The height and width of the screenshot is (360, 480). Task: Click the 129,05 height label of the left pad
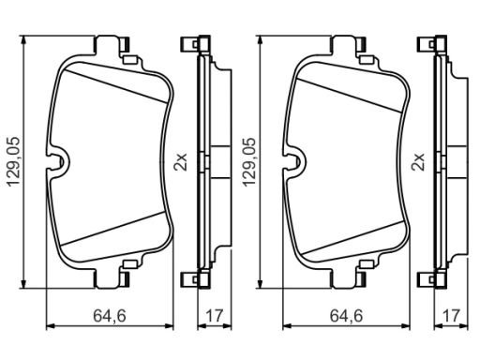click(x=14, y=161)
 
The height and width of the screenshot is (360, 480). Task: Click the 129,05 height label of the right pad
click(x=250, y=161)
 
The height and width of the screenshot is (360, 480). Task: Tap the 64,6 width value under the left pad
click(x=110, y=316)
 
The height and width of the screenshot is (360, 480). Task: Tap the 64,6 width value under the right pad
click(x=346, y=316)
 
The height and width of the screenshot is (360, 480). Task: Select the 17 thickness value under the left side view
click(x=214, y=316)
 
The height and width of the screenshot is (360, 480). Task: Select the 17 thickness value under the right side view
click(x=451, y=316)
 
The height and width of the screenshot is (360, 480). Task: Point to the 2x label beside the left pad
click(x=181, y=161)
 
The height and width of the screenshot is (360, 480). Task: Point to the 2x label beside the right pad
click(x=418, y=161)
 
